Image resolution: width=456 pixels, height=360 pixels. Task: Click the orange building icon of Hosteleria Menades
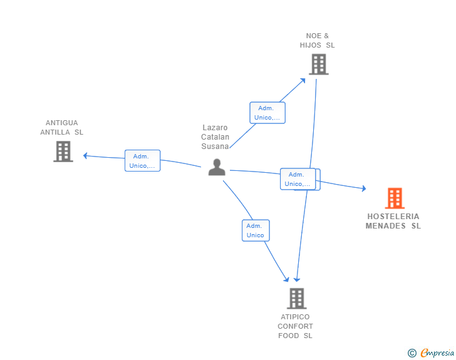tap(395, 198)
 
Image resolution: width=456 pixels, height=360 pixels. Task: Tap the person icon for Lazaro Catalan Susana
tap(217, 167)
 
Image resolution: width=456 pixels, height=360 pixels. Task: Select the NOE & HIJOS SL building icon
tap(319, 64)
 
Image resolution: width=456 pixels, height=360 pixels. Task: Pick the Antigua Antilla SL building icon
tap(63, 152)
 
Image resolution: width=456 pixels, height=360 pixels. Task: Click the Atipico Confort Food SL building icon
tap(297, 299)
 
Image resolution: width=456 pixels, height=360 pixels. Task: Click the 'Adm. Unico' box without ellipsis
tap(256, 230)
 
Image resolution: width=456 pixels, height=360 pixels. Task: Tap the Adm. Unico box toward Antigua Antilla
tap(143, 160)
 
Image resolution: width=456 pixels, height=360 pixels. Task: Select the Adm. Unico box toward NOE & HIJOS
tap(267, 113)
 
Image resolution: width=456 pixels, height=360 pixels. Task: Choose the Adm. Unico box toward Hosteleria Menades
tap(298, 179)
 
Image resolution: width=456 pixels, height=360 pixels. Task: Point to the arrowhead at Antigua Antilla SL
tap(85, 156)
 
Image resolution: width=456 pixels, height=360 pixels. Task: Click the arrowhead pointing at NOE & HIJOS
tap(303, 81)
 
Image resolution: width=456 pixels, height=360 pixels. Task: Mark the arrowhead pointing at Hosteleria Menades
tap(364, 188)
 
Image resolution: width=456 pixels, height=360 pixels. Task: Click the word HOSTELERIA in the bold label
tap(393, 217)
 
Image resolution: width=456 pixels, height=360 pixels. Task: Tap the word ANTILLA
tap(55, 132)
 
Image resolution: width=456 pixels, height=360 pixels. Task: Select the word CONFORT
tap(295, 326)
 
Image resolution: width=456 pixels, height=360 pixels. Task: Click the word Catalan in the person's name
tap(215, 136)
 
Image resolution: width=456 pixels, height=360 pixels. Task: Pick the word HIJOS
tap(311, 45)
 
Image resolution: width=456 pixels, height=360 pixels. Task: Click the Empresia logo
tap(437, 352)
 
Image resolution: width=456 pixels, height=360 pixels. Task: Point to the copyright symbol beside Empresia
tap(412, 353)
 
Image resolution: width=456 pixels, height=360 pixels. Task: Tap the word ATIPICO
tap(295, 317)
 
